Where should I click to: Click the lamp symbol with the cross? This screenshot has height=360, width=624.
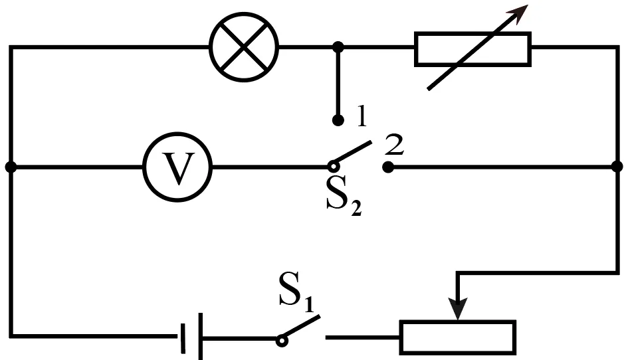point(244,47)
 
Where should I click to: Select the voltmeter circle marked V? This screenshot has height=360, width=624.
point(177,167)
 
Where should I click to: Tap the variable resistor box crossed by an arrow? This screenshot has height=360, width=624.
point(472,49)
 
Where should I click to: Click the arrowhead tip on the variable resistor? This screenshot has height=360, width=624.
point(528,5)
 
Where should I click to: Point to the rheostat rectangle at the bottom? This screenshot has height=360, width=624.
point(458,337)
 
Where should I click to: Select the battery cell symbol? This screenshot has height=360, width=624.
point(192,337)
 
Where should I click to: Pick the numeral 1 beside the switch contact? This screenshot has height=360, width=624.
point(362,116)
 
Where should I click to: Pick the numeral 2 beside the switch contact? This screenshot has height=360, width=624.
point(394,145)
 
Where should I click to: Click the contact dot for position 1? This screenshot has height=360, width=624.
point(338,120)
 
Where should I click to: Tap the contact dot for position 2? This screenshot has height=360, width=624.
point(388,167)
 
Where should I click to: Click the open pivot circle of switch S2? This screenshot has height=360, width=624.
point(334,165)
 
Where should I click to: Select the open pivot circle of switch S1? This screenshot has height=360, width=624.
point(282,341)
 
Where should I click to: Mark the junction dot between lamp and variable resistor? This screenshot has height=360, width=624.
point(338,47)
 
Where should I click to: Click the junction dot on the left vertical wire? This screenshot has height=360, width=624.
point(11,167)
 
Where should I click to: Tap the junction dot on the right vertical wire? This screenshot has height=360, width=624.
point(617,167)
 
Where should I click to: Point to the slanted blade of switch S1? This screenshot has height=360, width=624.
point(301,327)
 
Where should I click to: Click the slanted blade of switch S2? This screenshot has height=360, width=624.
point(353,153)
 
